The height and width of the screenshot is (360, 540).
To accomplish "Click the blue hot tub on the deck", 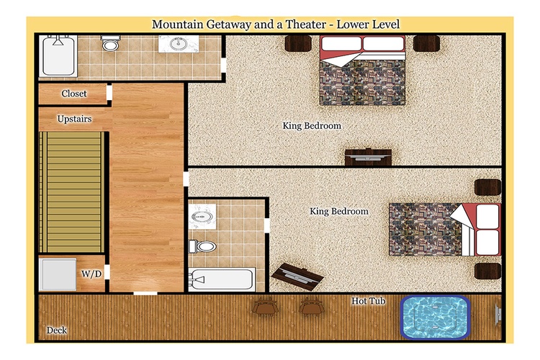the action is click(x=436, y=317).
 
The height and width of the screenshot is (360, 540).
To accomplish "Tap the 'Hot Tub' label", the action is click(x=368, y=301).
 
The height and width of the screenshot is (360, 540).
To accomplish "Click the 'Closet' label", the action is click(x=74, y=94).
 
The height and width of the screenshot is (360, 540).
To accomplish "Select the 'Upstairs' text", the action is click(x=74, y=119).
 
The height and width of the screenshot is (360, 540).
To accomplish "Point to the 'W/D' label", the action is click(x=91, y=274).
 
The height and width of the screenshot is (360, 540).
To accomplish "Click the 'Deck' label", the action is click(x=57, y=330).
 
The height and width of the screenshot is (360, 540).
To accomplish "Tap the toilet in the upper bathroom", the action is click(x=111, y=43).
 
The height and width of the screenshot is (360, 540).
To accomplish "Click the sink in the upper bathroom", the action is click(x=179, y=44).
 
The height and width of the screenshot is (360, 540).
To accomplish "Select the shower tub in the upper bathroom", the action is click(x=58, y=55).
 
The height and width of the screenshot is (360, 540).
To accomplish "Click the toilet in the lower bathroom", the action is click(x=202, y=246).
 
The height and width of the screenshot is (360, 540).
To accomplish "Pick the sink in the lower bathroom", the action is click(x=202, y=217).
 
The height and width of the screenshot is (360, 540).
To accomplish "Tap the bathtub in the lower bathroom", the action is click(x=222, y=279).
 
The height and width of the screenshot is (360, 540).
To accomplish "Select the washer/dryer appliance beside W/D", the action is click(x=58, y=274).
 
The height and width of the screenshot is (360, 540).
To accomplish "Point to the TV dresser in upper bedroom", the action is click(x=368, y=157).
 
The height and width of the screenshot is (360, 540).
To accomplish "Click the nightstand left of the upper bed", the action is click(x=298, y=44).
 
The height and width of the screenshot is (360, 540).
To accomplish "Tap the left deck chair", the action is click(x=264, y=306).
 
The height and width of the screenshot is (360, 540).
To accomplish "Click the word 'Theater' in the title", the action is click(x=306, y=24).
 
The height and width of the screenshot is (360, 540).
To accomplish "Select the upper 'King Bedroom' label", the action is click(x=312, y=126).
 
